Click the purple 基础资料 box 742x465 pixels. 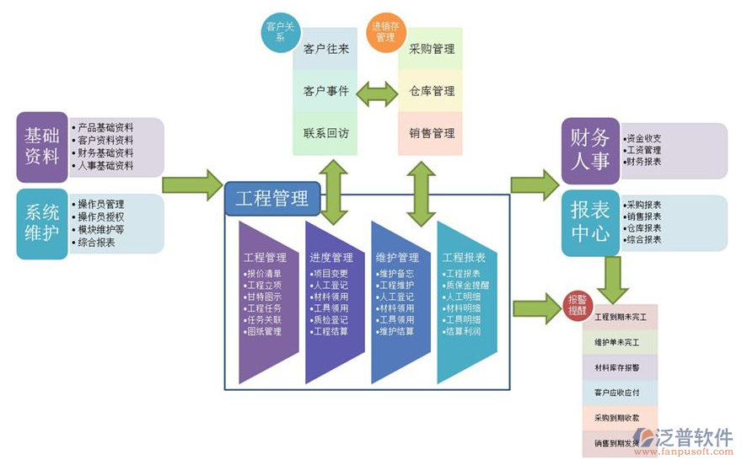tap(42, 147)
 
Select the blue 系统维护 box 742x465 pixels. tap(42, 222)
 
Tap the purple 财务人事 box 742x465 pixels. tap(590, 149)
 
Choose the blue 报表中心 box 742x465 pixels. tap(590, 222)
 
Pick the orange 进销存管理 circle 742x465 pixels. tap(384, 32)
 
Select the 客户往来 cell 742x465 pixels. tap(325, 50)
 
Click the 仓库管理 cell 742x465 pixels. tap(432, 91)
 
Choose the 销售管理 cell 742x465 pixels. tap(432, 133)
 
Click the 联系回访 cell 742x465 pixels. tap(325, 133)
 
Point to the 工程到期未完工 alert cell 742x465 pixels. tap(620, 318)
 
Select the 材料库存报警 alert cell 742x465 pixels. tap(620, 367)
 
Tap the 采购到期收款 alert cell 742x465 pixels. tap(620, 417)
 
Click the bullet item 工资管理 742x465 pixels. tap(644, 150)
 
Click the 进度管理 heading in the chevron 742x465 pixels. tap(331, 257)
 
